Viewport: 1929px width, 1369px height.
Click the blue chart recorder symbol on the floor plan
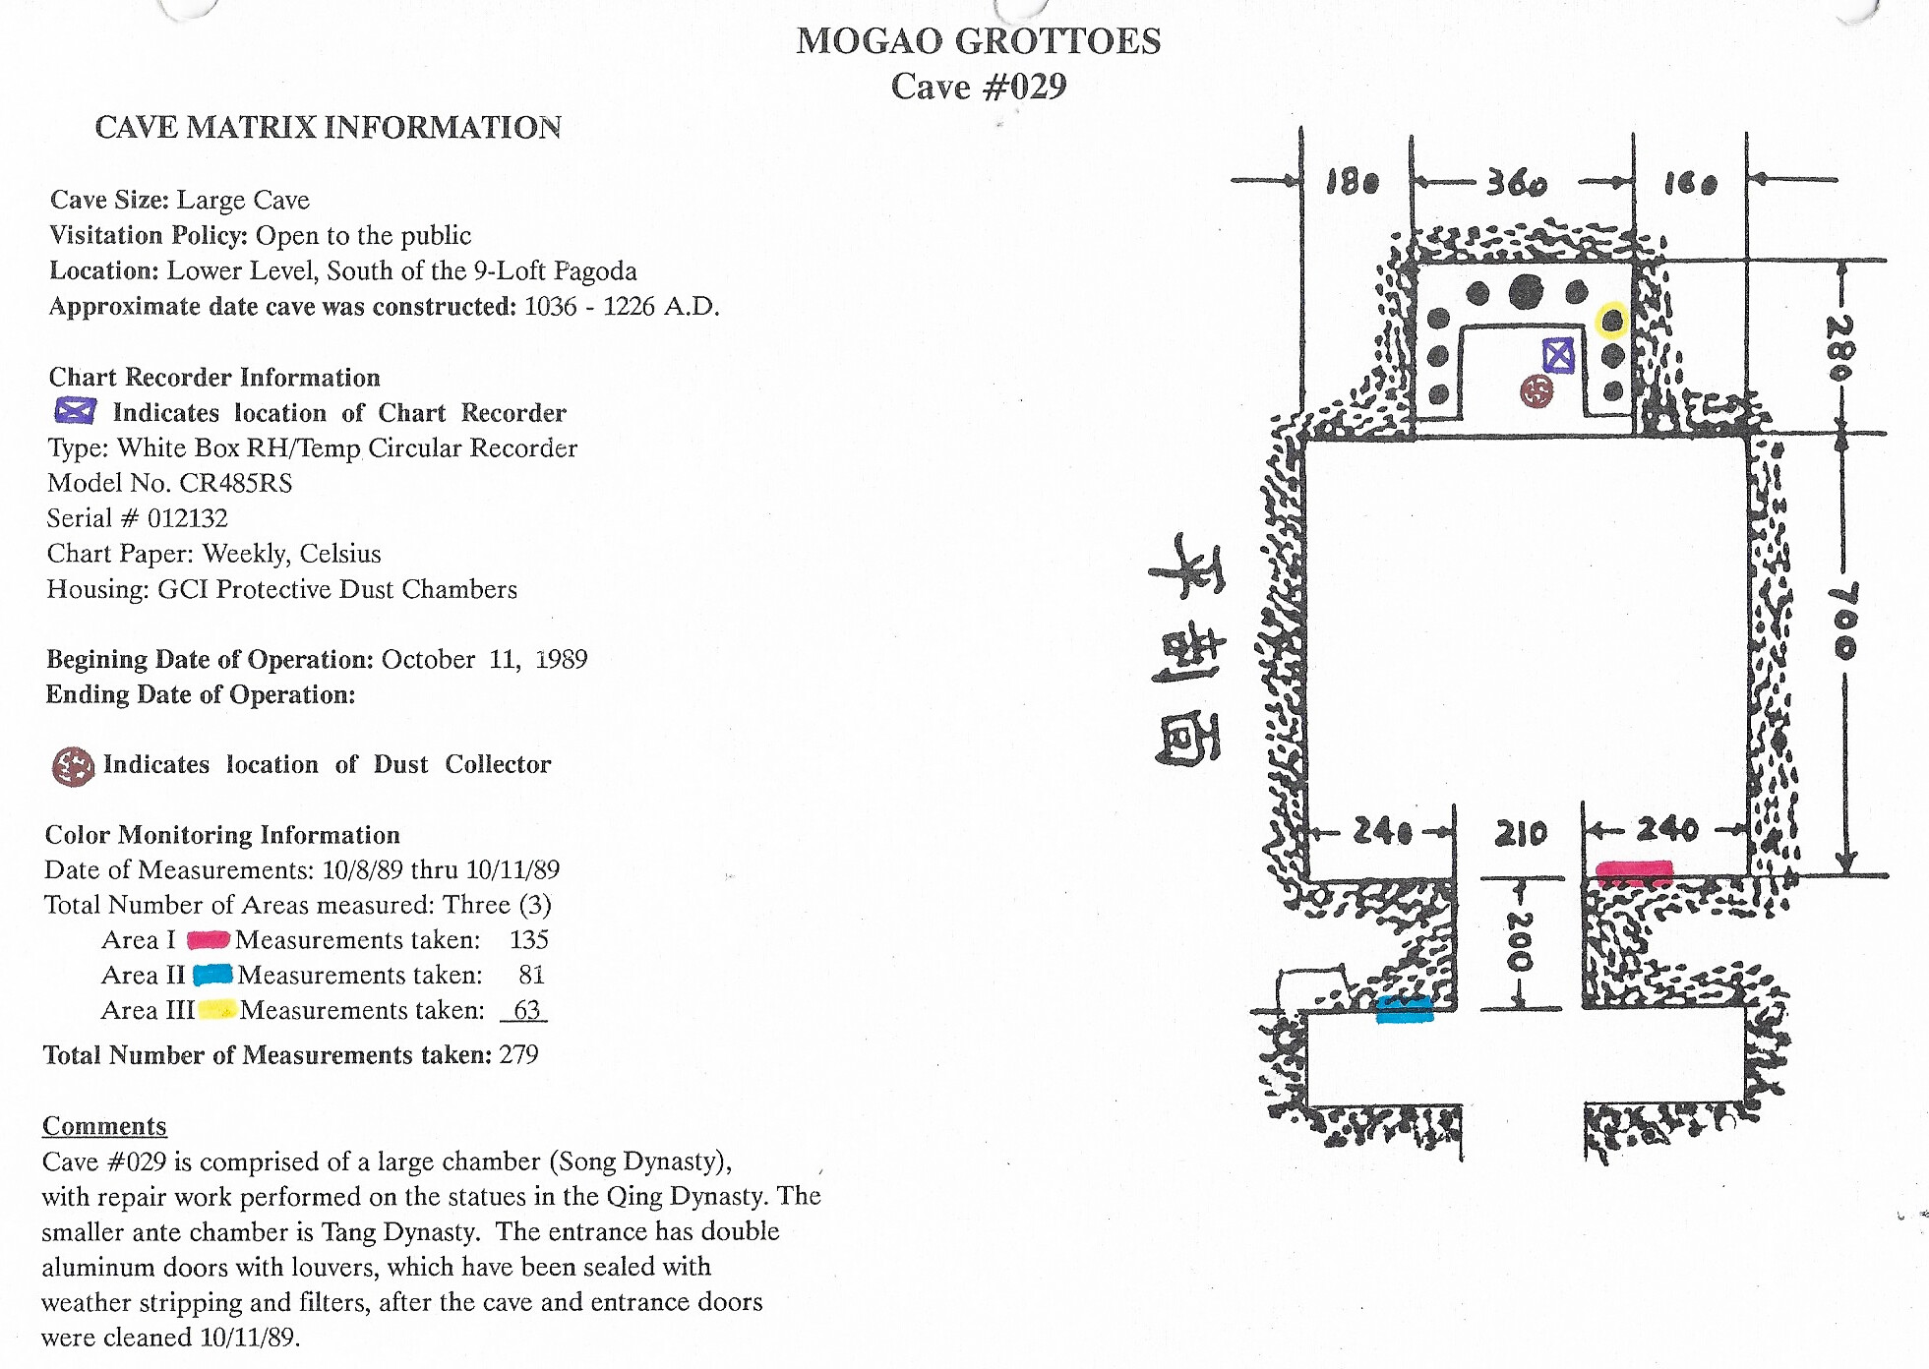pos(1558,355)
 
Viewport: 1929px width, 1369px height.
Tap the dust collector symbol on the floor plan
pos(1537,391)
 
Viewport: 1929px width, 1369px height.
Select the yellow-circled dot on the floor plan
pos(1611,320)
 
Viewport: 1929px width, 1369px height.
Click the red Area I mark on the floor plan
pos(1634,872)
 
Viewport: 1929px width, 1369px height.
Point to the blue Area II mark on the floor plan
pos(1404,1009)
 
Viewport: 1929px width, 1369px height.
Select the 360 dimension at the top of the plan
pos(1516,183)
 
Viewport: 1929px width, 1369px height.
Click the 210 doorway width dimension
pos(1521,833)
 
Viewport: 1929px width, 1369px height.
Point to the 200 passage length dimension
pos(1520,942)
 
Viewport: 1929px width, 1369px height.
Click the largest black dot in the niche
pos(1526,291)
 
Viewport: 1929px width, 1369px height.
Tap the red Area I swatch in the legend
pos(208,940)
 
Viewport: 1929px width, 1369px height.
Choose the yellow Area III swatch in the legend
pos(216,1010)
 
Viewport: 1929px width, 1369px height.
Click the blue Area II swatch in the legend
pos(212,975)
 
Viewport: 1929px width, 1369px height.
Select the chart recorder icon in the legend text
pos(75,411)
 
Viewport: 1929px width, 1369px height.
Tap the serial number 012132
pos(187,518)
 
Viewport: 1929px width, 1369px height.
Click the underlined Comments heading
pos(104,1126)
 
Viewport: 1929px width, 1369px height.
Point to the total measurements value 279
pos(518,1055)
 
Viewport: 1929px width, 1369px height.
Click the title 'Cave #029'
pos(979,87)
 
